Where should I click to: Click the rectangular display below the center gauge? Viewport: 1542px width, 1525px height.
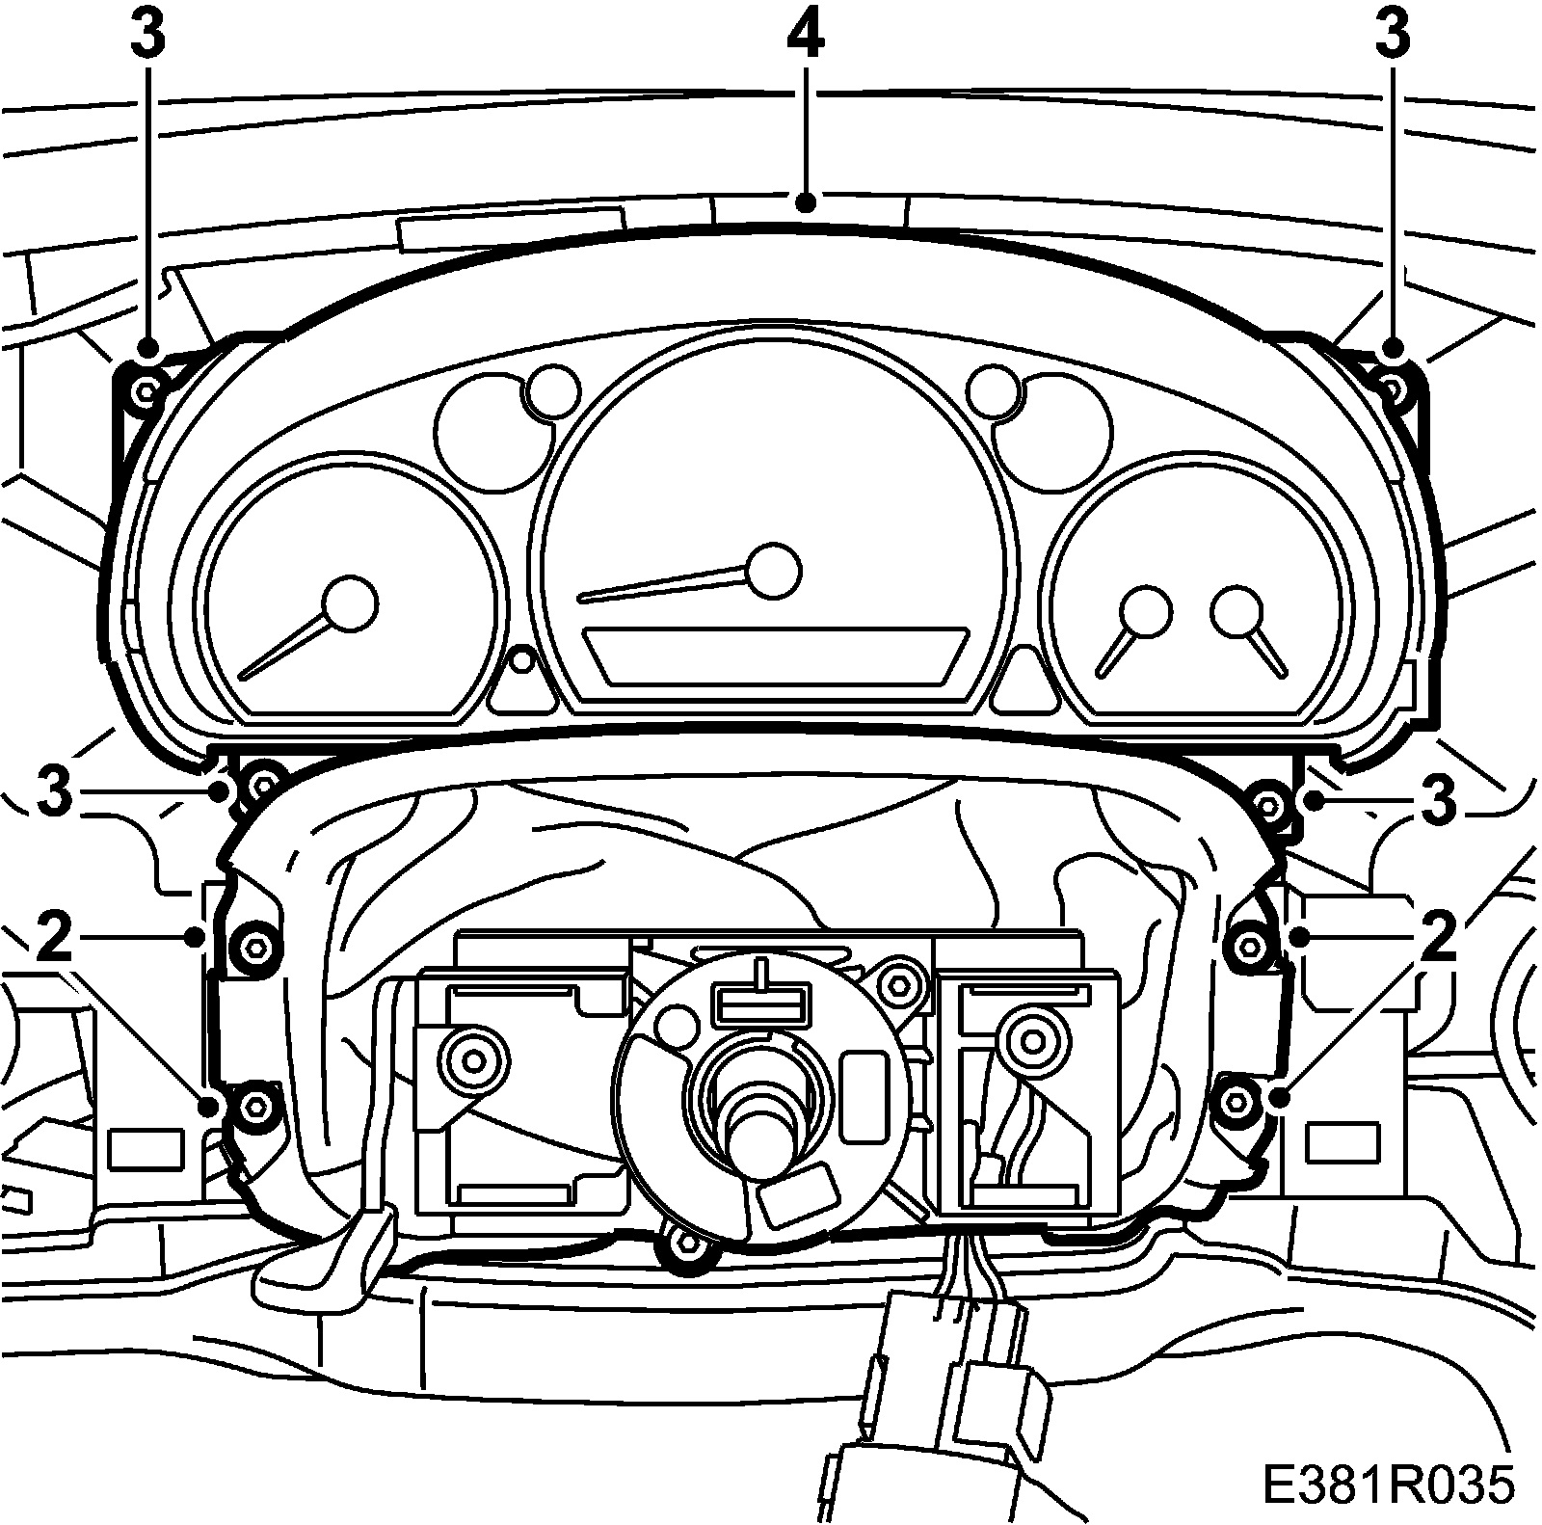pyautogui.click(x=777, y=656)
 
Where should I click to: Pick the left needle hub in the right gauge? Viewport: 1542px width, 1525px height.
pyautogui.click(x=1146, y=611)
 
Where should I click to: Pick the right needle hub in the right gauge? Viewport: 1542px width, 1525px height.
pyautogui.click(x=1237, y=611)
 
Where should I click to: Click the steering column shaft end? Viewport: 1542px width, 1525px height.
pyautogui.click(x=760, y=1138)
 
